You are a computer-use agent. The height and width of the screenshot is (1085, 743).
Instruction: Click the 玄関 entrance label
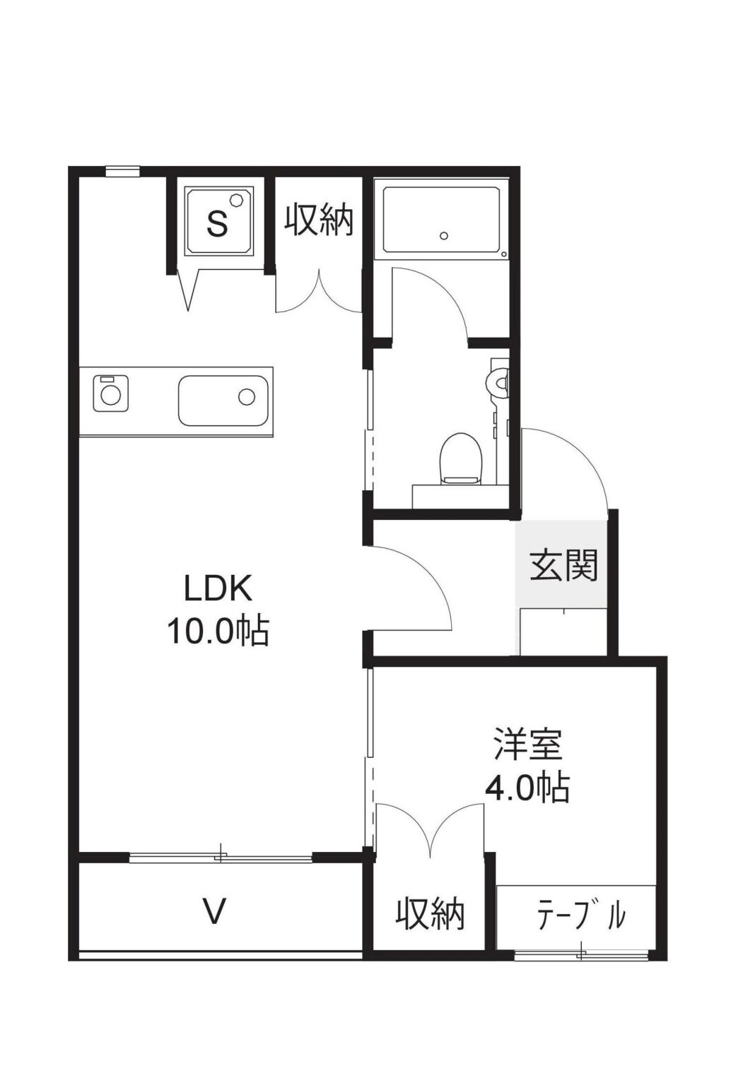[x=563, y=565]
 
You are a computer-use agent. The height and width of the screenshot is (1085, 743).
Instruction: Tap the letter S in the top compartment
[x=217, y=224]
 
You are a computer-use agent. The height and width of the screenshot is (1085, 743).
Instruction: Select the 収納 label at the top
[x=318, y=220]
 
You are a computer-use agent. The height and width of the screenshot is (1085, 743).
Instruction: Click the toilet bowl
[x=461, y=458]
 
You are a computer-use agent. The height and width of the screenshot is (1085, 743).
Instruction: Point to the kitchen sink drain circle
[x=246, y=397]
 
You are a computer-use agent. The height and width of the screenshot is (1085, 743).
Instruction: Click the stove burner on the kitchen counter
[x=111, y=393]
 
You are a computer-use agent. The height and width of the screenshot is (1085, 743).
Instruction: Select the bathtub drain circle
[x=443, y=236]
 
